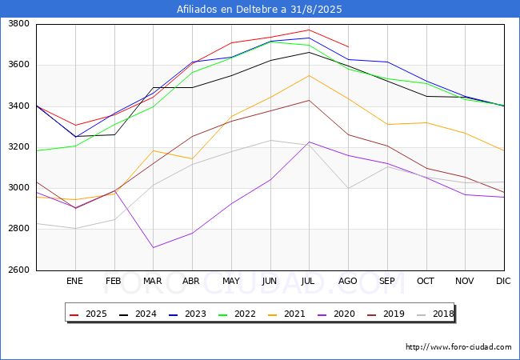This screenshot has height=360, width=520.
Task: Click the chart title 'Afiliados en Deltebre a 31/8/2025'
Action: click(260, 10)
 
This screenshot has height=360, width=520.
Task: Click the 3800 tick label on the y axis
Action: click(18, 24)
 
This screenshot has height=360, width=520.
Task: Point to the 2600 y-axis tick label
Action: click(18, 270)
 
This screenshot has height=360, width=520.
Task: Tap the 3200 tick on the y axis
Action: click(18, 147)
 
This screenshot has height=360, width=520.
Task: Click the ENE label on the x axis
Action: click(74, 281)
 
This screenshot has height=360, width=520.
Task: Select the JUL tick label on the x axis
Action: click(309, 281)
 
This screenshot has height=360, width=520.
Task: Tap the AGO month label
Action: click(348, 281)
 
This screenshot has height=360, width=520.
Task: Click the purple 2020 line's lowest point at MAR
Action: click(153, 247)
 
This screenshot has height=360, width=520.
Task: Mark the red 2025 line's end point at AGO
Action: click(348, 47)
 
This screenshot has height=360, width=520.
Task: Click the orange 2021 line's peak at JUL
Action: click(309, 75)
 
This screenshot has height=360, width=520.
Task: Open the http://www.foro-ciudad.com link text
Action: click(458, 347)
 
